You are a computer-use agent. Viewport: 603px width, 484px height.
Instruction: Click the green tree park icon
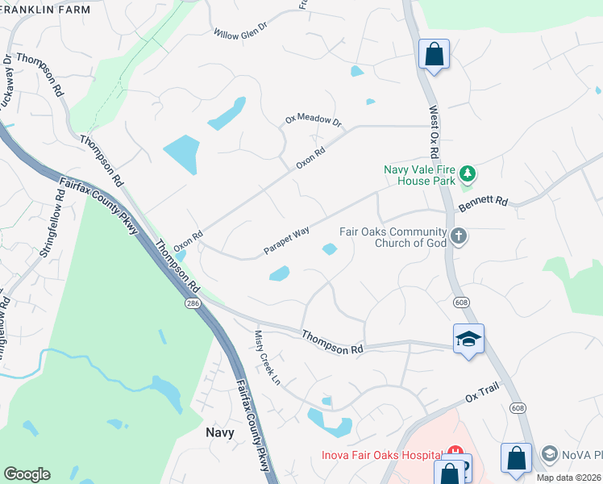tap(467, 173)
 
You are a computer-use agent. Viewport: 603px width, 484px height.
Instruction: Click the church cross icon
tap(459, 236)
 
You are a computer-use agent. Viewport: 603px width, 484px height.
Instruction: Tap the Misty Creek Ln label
tap(268, 357)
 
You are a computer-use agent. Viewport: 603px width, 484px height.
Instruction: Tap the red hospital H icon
tap(455, 453)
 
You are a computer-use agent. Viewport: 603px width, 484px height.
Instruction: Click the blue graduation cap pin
tap(468, 339)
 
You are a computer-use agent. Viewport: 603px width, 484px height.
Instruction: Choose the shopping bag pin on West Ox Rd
tap(434, 55)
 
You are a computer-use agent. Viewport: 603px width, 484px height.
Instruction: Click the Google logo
tap(27, 474)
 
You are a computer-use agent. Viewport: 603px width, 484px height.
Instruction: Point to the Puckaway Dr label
tap(8, 77)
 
